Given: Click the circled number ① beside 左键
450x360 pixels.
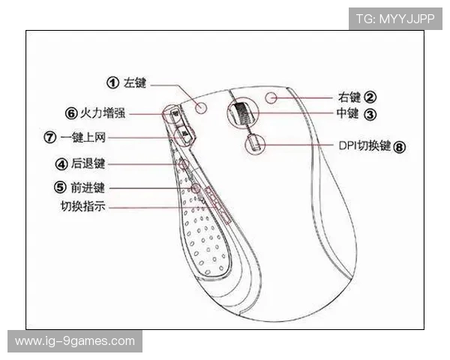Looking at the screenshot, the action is click(112, 82).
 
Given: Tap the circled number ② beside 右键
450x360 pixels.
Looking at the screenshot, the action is click(370, 97).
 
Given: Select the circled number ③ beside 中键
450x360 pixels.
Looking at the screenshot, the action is click(370, 114).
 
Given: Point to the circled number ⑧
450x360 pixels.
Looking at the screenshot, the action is click(399, 147).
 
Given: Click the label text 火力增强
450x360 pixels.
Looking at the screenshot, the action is click(103, 112).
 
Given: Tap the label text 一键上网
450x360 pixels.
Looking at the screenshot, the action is click(83, 137).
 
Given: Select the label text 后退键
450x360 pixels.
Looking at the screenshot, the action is click(88, 164).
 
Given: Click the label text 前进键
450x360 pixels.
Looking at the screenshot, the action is click(88, 188).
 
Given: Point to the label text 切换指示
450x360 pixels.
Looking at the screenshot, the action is click(83, 206).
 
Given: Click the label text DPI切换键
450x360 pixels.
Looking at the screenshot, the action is click(364, 145).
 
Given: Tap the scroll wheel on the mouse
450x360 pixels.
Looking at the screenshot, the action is click(243, 114).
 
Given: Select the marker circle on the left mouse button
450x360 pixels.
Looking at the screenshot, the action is click(201, 107).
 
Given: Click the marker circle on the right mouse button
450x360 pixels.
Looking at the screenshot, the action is click(271, 98).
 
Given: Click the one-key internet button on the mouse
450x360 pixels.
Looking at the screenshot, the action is click(184, 135).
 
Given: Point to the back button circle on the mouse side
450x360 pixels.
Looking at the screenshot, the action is click(184, 164).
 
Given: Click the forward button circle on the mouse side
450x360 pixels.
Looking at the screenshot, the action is click(196, 188).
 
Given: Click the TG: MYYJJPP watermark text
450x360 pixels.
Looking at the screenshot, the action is click(395, 19).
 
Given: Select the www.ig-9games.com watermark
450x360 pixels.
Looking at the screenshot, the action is click(75, 341).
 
